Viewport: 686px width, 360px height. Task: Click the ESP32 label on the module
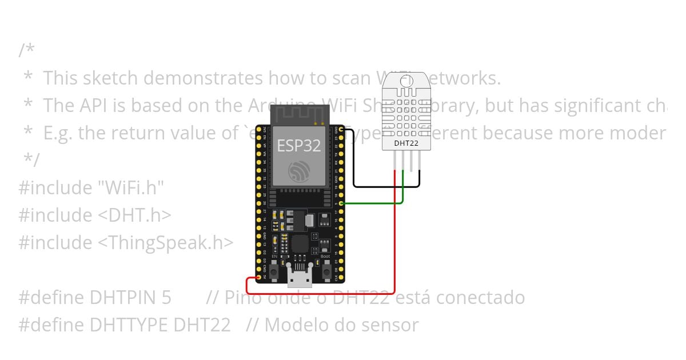point(298,146)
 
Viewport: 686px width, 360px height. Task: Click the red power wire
point(395,246)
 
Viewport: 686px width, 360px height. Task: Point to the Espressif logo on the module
point(299,170)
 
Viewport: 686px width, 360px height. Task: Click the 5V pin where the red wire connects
point(259,277)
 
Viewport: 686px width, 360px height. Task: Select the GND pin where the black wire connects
point(341,130)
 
